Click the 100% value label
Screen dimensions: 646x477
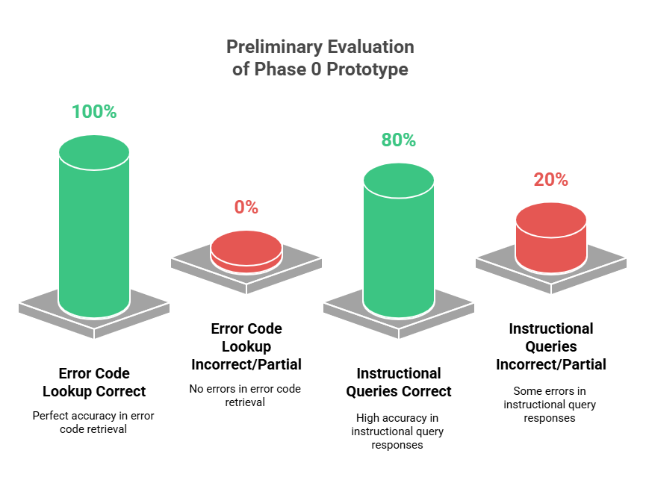94,112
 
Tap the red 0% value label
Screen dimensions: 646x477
246,208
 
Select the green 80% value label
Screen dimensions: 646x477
398,140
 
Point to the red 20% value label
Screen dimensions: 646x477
551,180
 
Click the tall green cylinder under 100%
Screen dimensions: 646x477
94,226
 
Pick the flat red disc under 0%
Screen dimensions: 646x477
246,252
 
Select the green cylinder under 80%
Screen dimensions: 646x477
399,240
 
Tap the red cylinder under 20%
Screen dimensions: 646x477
551,237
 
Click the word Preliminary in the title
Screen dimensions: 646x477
274,47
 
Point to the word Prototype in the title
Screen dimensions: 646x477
367,69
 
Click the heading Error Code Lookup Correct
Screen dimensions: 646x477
94,382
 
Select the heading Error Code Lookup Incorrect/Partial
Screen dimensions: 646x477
246,346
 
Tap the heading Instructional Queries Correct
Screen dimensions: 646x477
399,382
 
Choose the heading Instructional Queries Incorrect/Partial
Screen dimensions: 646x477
551,346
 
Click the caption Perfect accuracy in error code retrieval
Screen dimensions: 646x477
93,423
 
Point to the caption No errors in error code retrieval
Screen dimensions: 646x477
245,396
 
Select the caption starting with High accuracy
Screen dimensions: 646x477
397,431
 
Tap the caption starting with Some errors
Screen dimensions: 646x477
550,405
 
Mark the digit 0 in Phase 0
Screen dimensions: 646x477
316,69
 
